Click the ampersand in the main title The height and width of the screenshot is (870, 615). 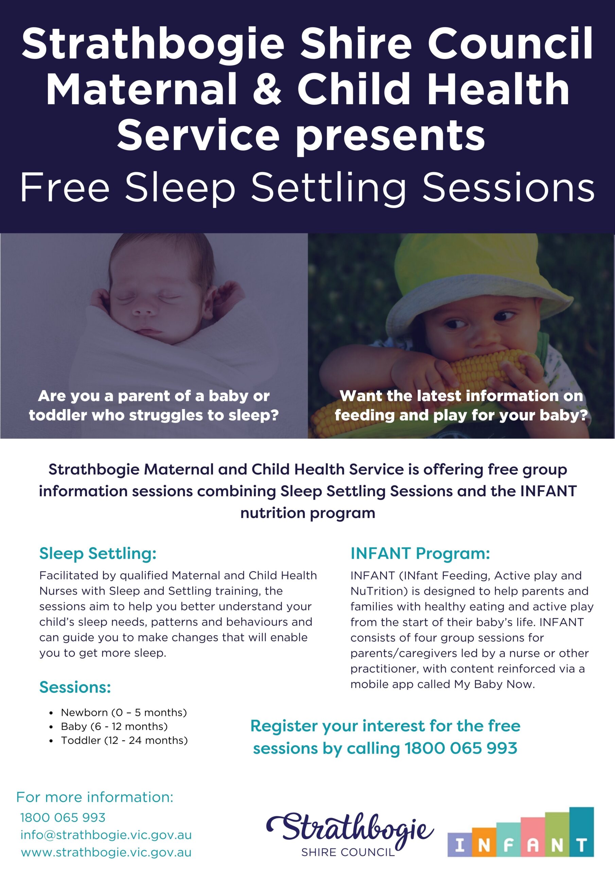[267, 89]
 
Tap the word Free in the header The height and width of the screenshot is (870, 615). [65, 187]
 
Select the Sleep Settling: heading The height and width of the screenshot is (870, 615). [98, 554]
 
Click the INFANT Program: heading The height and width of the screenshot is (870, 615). [420, 554]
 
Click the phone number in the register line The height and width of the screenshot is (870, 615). [461, 748]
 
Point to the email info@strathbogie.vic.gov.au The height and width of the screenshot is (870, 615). [106, 835]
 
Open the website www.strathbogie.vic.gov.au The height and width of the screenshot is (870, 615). [106, 853]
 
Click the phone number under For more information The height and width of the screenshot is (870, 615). [63, 818]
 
